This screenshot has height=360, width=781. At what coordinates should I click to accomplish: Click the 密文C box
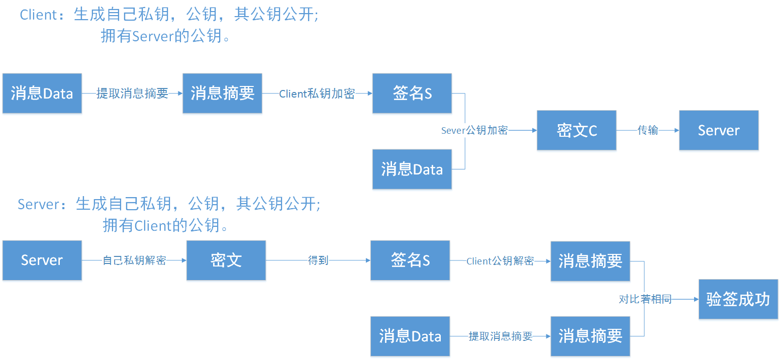point(576,130)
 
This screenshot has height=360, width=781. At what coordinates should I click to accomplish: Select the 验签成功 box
point(738,299)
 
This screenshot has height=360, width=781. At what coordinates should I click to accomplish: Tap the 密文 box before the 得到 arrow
point(226,260)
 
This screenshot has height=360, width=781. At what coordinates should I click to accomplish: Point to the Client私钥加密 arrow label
point(317,94)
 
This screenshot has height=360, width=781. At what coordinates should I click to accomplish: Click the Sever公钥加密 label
point(474,130)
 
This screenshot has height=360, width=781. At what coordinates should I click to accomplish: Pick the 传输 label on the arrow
point(648,130)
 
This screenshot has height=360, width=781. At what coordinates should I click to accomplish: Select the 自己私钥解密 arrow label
point(134,260)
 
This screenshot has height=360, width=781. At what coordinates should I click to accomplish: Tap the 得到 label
point(318,260)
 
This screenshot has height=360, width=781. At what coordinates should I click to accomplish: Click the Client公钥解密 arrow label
point(500,261)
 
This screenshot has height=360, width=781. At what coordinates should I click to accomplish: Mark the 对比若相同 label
point(645,299)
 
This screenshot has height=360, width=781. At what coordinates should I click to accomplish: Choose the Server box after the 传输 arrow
point(719,130)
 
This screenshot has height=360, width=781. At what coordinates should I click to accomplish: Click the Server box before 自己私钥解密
point(42,260)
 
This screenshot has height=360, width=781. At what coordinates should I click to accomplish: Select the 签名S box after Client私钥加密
point(412,94)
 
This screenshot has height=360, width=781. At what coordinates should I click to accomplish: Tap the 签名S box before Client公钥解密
point(410,260)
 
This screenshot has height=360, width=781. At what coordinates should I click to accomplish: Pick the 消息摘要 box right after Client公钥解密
point(590,261)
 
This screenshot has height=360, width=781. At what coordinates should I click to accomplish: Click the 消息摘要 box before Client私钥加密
point(222,94)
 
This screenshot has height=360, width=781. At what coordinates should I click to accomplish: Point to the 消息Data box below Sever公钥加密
point(412,169)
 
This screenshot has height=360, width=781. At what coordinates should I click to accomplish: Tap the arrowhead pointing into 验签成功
point(696,299)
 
